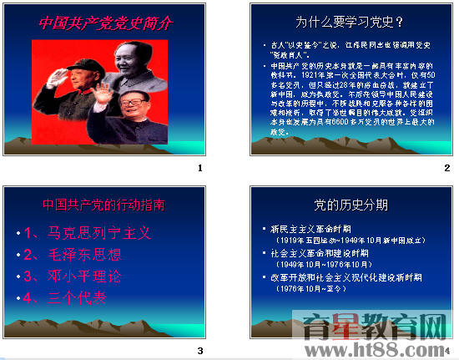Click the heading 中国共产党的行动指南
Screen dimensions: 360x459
(103, 204)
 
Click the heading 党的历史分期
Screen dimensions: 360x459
(351, 205)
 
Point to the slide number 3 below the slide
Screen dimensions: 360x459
(199, 350)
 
